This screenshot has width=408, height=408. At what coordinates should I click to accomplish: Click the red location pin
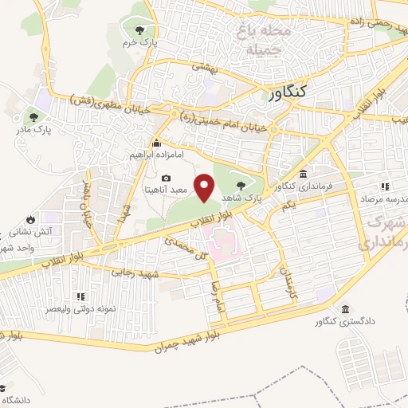206,188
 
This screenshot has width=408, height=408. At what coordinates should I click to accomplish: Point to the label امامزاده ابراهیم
154,157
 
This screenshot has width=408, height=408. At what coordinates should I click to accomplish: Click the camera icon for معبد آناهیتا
166,178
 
